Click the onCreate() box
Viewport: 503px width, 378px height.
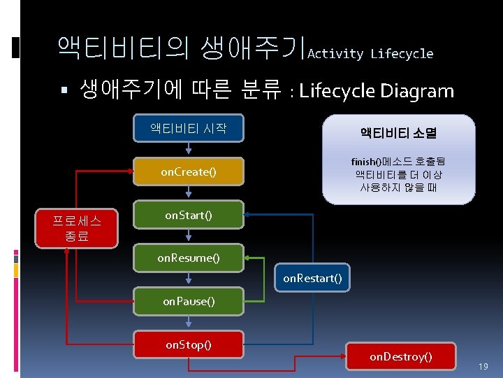(x=189, y=171)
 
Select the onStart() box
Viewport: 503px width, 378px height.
(x=189, y=215)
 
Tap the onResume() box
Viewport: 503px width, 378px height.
(x=189, y=258)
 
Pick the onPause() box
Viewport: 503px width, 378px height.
(x=189, y=302)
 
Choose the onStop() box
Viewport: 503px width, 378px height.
(x=189, y=344)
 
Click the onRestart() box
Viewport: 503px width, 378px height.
(x=312, y=279)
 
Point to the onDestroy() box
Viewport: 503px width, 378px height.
(x=401, y=357)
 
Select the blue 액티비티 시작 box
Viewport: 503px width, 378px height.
(x=189, y=129)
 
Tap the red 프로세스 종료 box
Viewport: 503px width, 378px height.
(x=77, y=229)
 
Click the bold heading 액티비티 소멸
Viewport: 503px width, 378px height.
(x=398, y=132)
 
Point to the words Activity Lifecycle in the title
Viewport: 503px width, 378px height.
(x=370, y=54)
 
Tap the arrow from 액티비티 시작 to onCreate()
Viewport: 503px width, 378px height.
(x=189, y=148)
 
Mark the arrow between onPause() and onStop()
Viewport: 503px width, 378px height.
(x=189, y=321)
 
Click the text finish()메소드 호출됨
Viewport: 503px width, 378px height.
(x=398, y=161)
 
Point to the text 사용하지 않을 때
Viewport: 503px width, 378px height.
(x=398, y=188)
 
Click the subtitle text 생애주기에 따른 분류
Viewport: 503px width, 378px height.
(x=182, y=90)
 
